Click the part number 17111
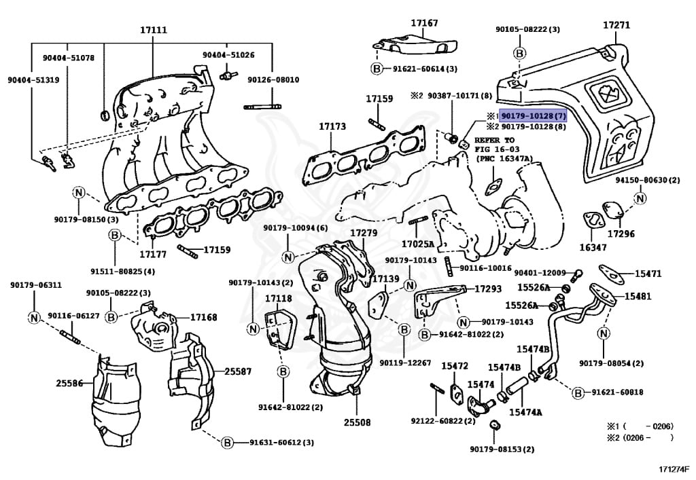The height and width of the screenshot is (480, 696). pyautogui.click(x=154, y=30)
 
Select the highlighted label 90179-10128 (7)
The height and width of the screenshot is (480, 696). pyautogui.click(x=533, y=116)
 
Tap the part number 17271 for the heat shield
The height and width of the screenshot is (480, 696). pyautogui.click(x=616, y=25)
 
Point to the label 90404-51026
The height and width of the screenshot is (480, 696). pyautogui.click(x=228, y=54)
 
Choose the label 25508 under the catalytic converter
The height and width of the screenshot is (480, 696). pyautogui.click(x=357, y=422)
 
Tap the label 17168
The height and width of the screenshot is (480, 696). pyautogui.click(x=203, y=317)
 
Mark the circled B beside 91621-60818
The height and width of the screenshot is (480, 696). pyautogui.click(x=578, y=392)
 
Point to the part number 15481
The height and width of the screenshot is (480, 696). pyautogui.click(x=638, y=296)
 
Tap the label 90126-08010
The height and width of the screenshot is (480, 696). pyautogui.click(x=273, y=79)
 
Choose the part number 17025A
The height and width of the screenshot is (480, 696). pyautogui.click(x=417, y=243)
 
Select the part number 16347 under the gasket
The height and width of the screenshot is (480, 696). pyautogui.click(x=593, y=247)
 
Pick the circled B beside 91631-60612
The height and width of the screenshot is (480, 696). pyautogui.click(x=227, y=442)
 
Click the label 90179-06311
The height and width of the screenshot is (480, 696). pyautogui.click(x=35, y=284)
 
